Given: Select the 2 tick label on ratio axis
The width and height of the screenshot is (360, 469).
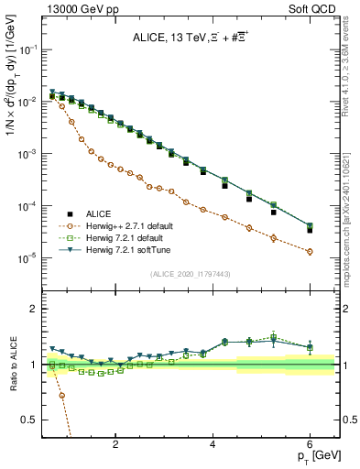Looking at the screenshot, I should (x=36, y=309).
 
